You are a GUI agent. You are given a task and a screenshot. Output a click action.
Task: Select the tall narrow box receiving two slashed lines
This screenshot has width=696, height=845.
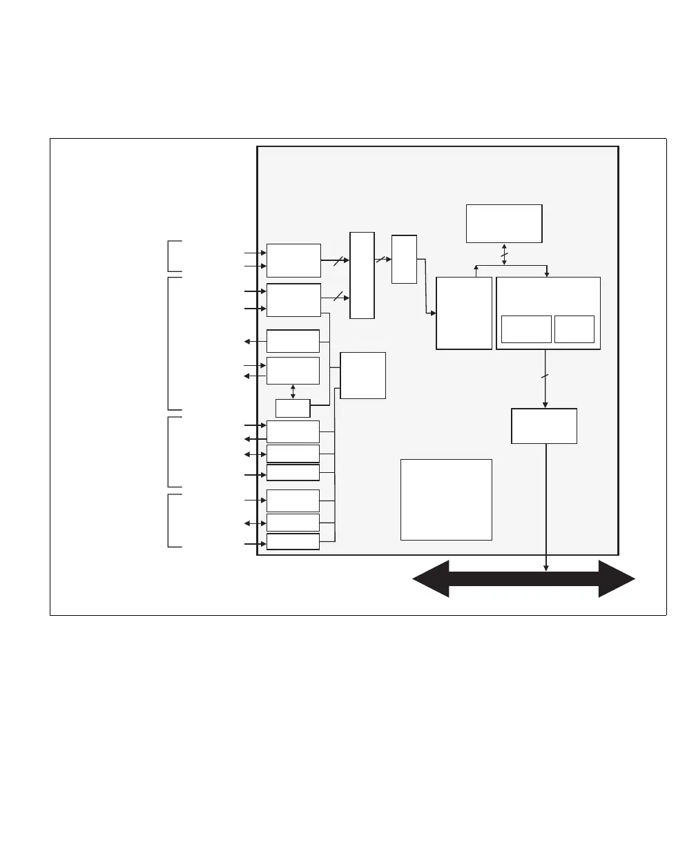(x=362, y=275)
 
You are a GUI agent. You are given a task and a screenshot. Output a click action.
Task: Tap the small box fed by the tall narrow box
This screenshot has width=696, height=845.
(x=404, y=259)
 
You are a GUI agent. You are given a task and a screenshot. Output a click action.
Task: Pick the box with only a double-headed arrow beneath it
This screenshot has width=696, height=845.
(x=504, y=223)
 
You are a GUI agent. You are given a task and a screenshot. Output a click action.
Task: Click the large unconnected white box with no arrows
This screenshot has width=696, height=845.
(x=446, y=499)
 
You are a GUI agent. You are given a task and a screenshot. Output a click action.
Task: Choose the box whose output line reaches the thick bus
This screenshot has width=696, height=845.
(x=544, y=426)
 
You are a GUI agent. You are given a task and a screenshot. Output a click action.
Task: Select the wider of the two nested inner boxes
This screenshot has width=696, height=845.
(x=526, y=329)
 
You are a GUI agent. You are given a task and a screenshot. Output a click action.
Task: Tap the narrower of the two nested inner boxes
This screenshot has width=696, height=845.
(x=574, y=329)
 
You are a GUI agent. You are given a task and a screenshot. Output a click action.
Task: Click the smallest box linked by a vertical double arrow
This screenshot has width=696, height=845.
(x=293, y=408)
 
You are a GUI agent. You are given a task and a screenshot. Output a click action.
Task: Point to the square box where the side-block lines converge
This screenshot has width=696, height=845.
(x=363, y=375)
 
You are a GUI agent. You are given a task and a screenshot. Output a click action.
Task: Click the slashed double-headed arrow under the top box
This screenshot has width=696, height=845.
(x=504, y=253)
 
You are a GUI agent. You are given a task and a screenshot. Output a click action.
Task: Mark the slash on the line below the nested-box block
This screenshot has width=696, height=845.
(x=545, y=376)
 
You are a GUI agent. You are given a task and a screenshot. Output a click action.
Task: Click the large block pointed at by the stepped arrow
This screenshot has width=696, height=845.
(x=464, y=313)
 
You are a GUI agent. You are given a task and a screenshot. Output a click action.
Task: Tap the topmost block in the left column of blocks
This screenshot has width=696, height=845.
(x=293, y=260)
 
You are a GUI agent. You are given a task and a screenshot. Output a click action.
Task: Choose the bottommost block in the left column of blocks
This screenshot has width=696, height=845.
(x=293, y=541)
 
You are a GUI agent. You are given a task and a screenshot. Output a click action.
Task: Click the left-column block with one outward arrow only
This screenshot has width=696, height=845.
(x=293, y=341)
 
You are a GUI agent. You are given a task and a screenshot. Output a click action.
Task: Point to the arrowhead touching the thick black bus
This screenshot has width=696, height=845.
(x=546, y=568)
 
